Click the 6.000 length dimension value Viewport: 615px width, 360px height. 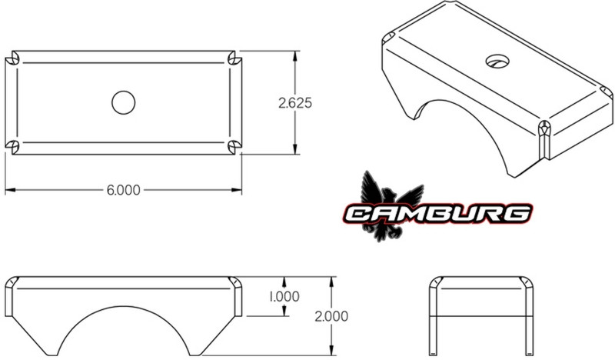123,190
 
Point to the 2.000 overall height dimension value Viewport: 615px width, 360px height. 332,315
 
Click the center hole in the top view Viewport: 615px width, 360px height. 123,102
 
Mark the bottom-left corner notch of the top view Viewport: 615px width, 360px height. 12,145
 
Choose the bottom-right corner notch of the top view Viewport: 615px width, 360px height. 234,145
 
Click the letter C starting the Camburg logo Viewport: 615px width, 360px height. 356,213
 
